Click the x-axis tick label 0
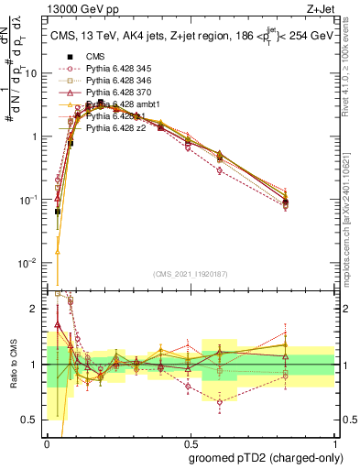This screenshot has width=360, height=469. coord(48,442)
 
